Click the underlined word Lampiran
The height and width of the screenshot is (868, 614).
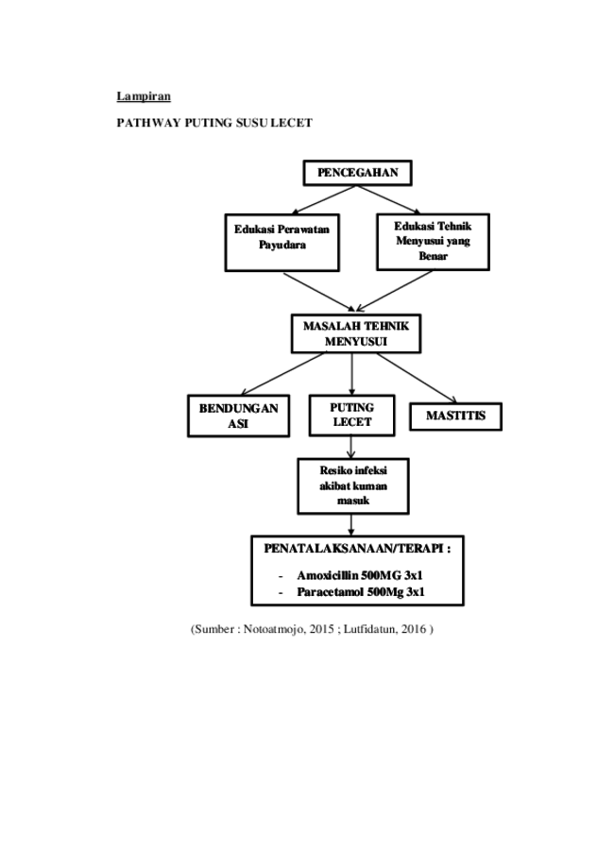(144, 96)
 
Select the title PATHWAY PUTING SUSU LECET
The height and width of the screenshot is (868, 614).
(214, 123)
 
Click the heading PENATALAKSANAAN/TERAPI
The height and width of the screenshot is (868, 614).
(357, 549)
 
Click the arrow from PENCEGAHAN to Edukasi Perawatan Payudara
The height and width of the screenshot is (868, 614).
(324, 199)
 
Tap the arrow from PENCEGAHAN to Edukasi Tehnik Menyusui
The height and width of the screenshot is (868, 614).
(388, 199)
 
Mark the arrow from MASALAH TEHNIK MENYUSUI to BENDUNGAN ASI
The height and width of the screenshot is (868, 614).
(282, 374)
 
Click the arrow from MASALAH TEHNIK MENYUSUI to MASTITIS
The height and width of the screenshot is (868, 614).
(417, 378)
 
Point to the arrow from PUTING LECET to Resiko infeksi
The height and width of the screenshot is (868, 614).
(351, 448)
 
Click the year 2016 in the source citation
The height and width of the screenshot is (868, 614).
(414, 629)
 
